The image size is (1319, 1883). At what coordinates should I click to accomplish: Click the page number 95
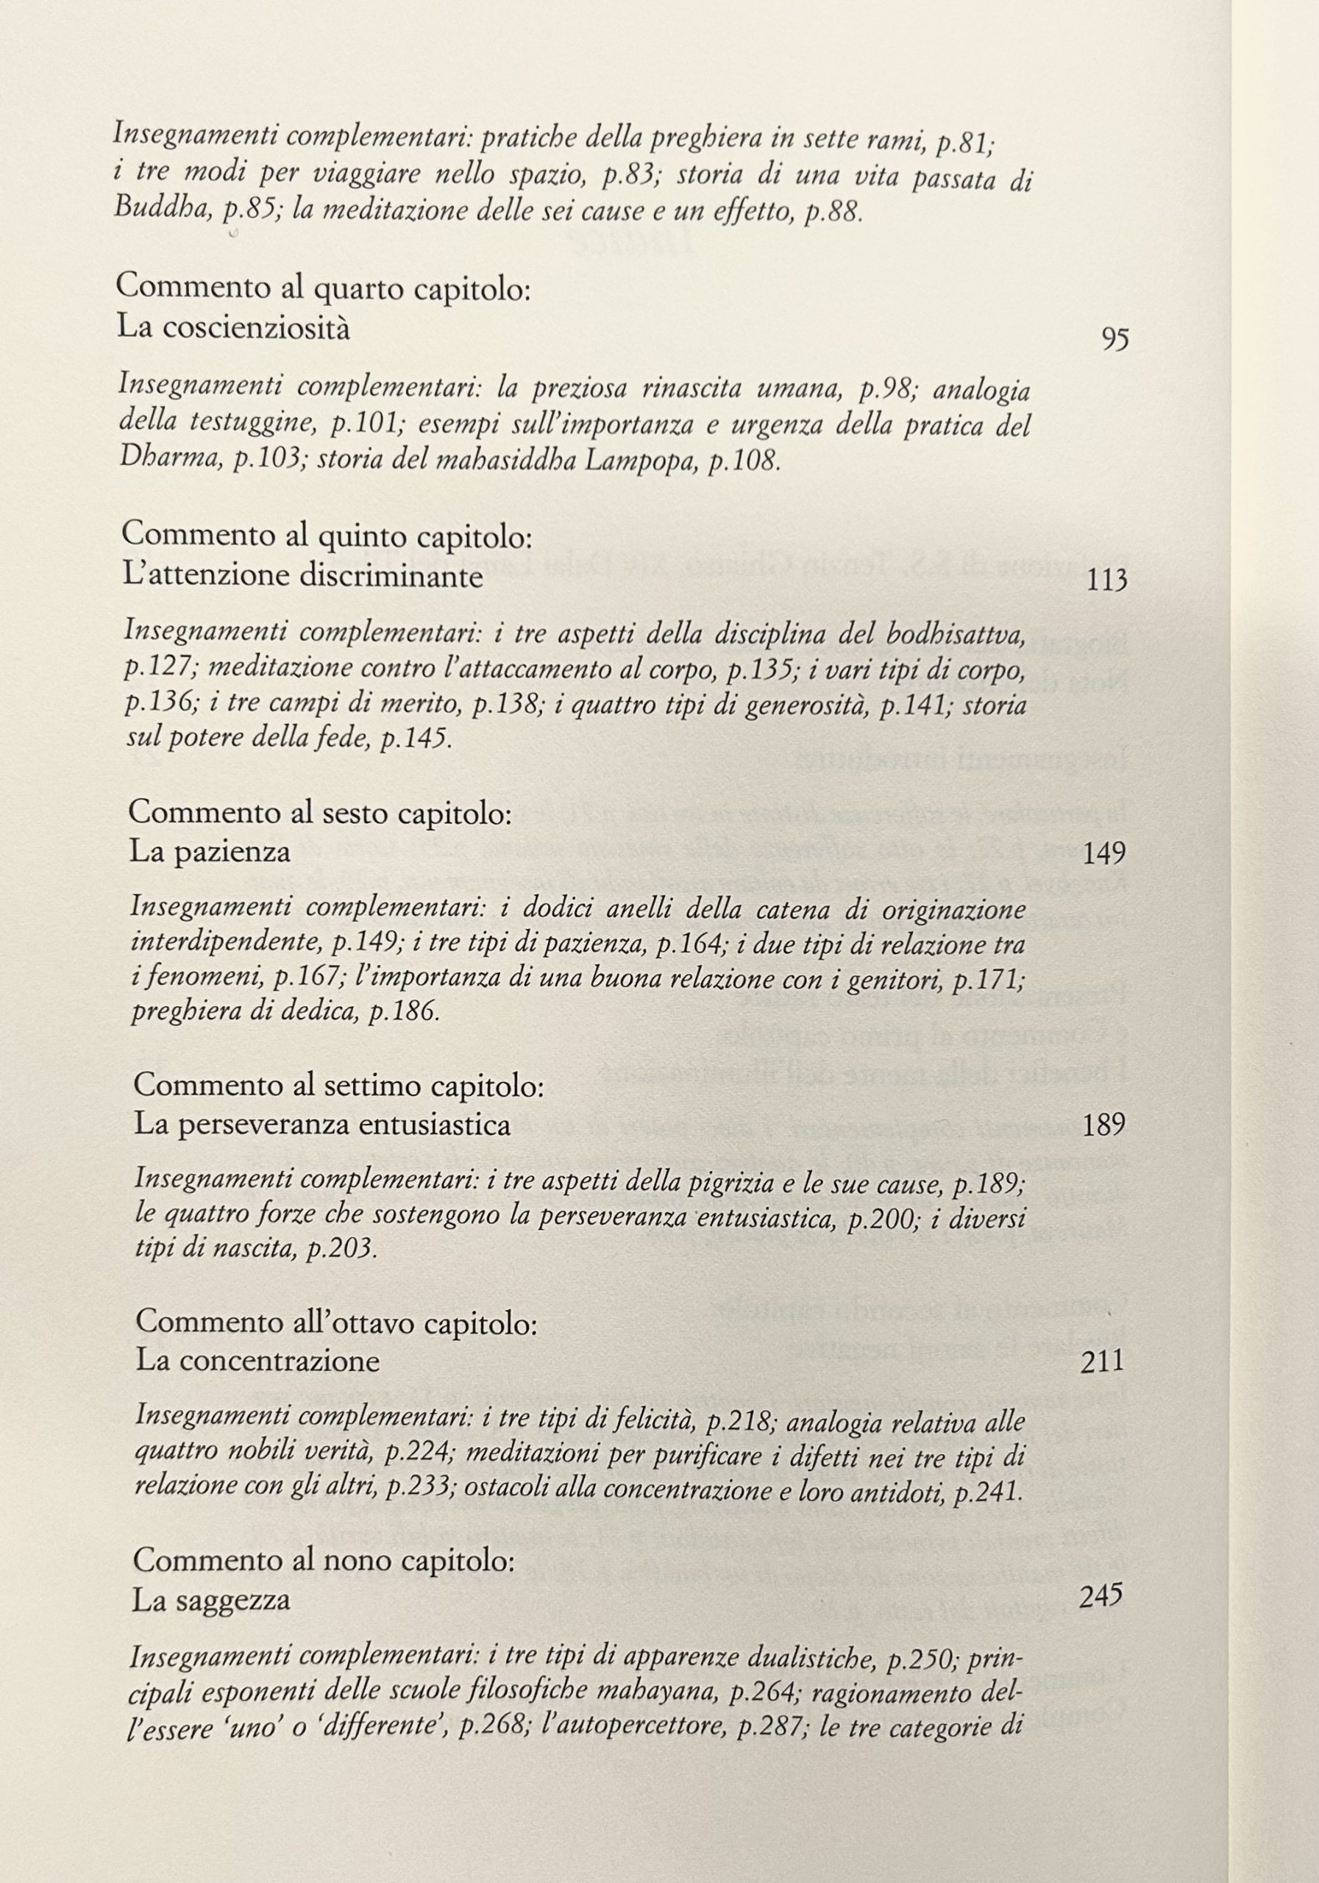click(x=1115, y=338)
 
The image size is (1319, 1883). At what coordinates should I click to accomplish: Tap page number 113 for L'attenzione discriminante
click(x=1106, y=580)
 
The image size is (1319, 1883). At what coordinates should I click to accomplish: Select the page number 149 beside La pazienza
click(x=1103, y=854)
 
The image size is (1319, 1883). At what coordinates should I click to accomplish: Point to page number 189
click(x=1103, y=1125)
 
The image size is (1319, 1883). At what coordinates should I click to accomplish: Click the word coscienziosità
click(x=256, y=329)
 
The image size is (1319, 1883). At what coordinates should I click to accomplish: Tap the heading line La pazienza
click(x=210, y=853)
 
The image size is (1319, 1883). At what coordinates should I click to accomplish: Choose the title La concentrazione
click(x=257, y=1361)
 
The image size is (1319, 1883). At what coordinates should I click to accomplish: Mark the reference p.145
click(x=416, y=739)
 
